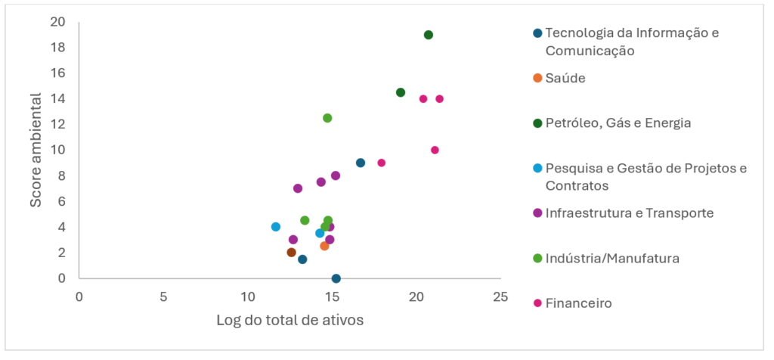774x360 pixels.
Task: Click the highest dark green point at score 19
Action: coord(429,35)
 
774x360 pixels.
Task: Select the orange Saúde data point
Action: coord(324,246)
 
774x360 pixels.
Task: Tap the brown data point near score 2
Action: coord(292,253)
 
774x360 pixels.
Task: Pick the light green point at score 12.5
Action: coord(327,118)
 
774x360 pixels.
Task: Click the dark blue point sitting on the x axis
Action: coord(336,278)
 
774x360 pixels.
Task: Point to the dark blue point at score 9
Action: coord(361,163)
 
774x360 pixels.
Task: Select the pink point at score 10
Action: coord(435,150)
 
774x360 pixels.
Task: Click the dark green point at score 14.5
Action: coord(401,92)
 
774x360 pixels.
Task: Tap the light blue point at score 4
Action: coord(276,227)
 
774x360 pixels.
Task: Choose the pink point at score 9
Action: coord(382,163)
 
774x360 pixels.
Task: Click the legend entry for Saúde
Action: coord(565,78)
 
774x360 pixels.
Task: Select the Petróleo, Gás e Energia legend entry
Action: coord(618,123)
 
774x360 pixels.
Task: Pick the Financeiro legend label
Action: coord(578,303)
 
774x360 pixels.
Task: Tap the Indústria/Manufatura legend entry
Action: coord(611,259)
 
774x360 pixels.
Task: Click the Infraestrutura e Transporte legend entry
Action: coord(629,213)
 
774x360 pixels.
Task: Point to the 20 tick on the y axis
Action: coord(57,21)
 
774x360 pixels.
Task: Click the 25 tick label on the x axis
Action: coord(499,296)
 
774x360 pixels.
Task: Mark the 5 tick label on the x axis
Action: coord(163,296)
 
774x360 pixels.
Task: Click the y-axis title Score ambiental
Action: coord(36,151)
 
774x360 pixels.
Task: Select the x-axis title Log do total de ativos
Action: coord(290,320)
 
